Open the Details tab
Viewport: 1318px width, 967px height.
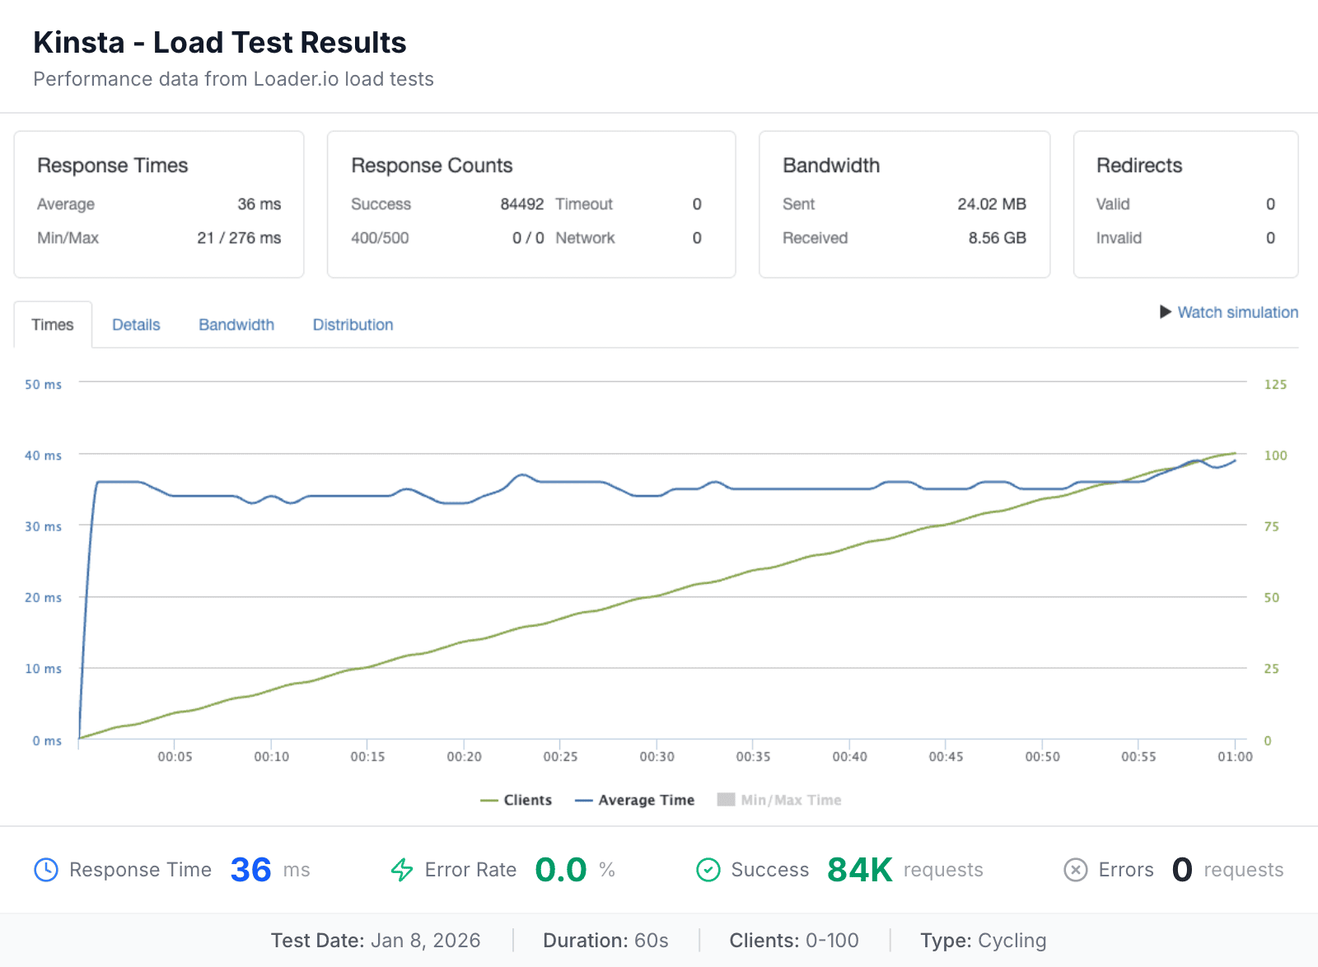click(x=136, y=325)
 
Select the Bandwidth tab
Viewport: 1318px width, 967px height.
click(x=236, y=325)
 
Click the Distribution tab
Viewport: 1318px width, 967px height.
click(x=353, y=325)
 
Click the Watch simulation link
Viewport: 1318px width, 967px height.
click(x=1236, y=312)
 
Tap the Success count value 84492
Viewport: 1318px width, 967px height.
click(x=521, y=204)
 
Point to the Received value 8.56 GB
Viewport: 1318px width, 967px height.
click(x=997, y=238)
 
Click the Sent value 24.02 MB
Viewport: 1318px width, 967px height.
click(x=991, y=204)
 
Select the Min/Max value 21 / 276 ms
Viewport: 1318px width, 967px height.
click(x=239, y=238)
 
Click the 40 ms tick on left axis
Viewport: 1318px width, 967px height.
click(x=43, y=455)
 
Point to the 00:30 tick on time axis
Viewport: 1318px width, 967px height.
click(x=657, y=756)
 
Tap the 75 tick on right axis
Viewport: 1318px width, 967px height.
click(x=1271, y=526)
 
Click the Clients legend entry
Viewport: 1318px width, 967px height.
click(x=516, y=800)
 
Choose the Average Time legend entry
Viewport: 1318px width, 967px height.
click(x=635, y=800)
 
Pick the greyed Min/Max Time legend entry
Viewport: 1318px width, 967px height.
click(x=780, y=800)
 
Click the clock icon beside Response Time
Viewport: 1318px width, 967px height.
click(x=46, y=870)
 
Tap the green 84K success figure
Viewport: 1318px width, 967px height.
click(x=859, y=870)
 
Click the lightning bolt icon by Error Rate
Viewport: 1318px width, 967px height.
click(x=402, y=870)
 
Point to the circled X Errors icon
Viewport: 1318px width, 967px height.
click(x=1076, y=870)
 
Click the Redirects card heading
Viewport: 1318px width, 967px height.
click(x=1138, y=166)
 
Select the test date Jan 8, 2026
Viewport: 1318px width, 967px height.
click(x=425, y=941)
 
